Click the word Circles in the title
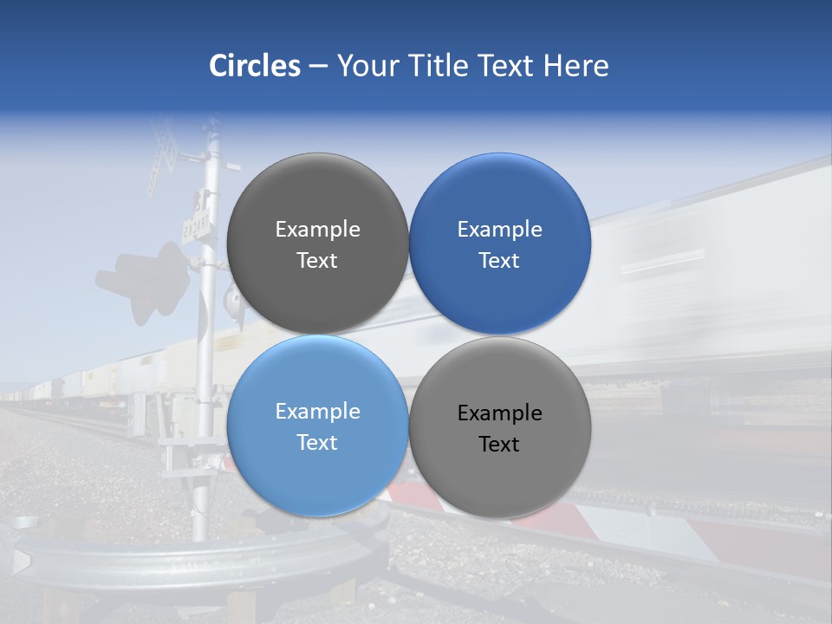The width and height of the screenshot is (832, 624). click(x=255, y=66)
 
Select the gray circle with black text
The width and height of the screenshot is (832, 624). click(x=500, y=427)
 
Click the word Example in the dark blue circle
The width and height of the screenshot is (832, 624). click(x=500, y=230)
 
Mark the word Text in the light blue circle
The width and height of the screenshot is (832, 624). click(x=317, y=442)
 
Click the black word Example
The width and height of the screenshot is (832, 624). click(x=500, y=413)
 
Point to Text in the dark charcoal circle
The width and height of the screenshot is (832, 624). click(x=317, y=260)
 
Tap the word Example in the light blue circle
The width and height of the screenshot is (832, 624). click(x=317, y=412)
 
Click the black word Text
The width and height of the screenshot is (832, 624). click(x=499, y=444)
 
